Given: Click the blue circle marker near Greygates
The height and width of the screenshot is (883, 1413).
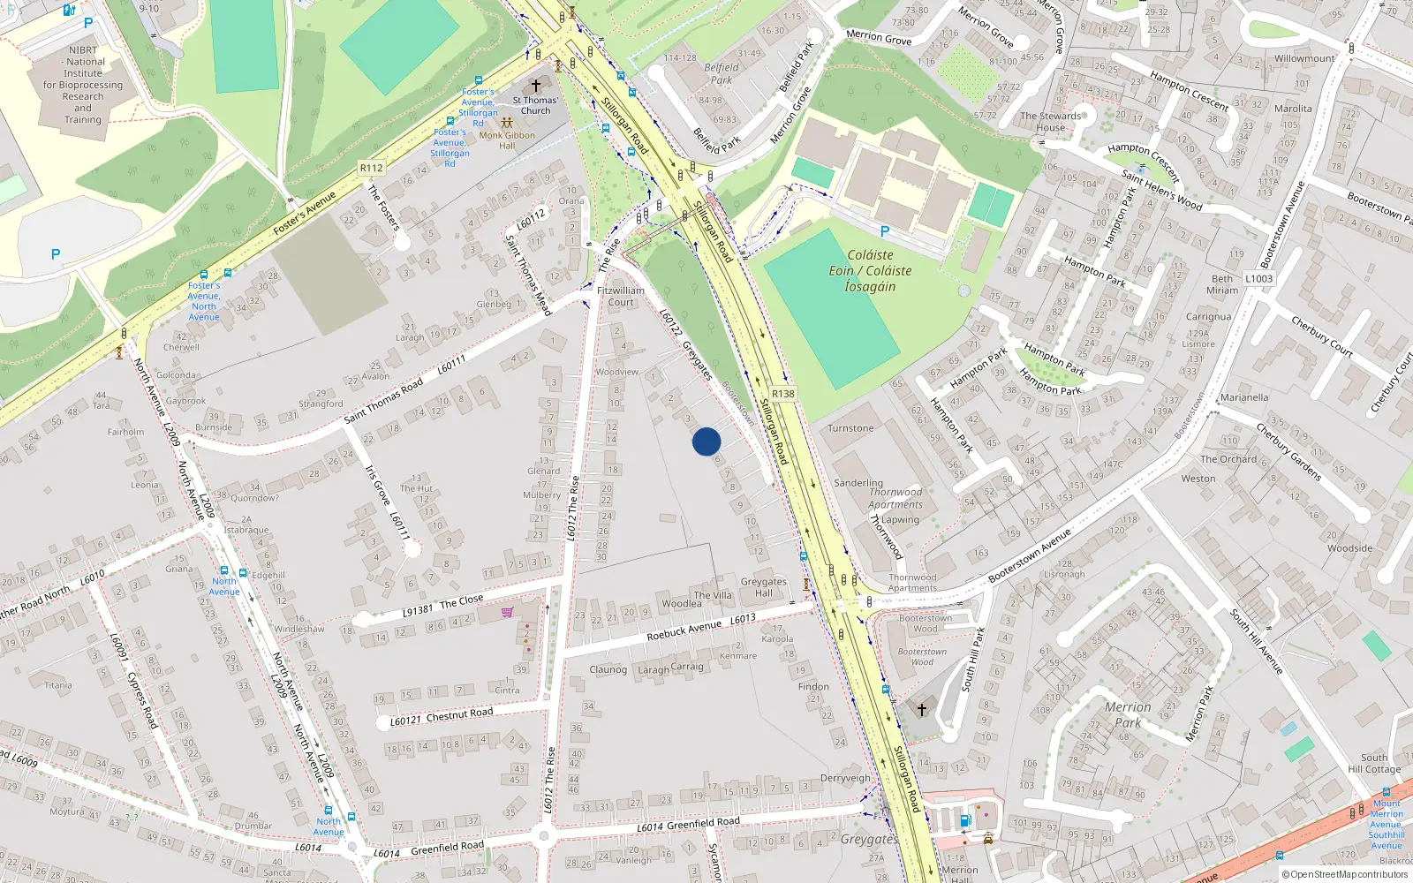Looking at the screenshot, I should pyautogui.click(x=706, y=441).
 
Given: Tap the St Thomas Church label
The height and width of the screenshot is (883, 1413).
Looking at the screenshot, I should pyautogui.click(x=535, y=105).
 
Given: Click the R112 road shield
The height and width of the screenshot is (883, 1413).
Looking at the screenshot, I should pyautogui.click(x=372, y=168).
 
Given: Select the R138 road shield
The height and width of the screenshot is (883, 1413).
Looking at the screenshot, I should pyautogui.click(x=782, y=394).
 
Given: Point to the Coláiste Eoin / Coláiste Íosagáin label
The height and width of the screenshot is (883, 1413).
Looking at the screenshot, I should pyautogui.click(x=870, y=270).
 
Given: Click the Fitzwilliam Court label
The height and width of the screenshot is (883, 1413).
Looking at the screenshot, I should pyautogui.click(x=621, y=296).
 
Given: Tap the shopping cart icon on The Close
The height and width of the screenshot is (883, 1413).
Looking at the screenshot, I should pyautogui.click(x=508, y=612).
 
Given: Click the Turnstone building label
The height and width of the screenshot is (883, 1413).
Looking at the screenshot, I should pyautogui.click(x=850, y=428).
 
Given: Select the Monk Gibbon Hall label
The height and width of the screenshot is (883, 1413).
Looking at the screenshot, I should pyautogui.click(x=507, y=140).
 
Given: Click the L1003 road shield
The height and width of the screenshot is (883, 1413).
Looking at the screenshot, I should pyautogui.click(x=1259, y=278).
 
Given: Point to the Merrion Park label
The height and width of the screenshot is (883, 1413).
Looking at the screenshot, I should pyautogui.click(x=1128, y=714).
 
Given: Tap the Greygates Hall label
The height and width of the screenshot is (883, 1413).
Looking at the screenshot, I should pyautogui.click(x=764, y=587).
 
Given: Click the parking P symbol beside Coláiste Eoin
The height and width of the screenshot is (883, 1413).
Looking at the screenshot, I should pyautogui.click(x=885, y=231).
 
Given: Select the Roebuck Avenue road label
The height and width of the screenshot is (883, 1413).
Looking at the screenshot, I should pyautogui.click(x=684, y=630).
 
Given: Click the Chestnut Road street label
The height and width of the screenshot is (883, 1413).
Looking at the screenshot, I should pyautogui.click(x=459, y=714).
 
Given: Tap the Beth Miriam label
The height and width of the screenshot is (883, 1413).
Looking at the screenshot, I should pyautogui.click(x=1222, y=284).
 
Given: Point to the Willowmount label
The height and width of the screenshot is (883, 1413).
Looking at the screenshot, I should pyautogui.click(x=1304, y=58).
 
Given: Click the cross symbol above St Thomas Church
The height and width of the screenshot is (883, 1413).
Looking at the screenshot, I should pyautogui.click(x=536, y=87).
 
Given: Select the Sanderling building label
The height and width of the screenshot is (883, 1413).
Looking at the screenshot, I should pyautogui.click(x=858, y=483).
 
